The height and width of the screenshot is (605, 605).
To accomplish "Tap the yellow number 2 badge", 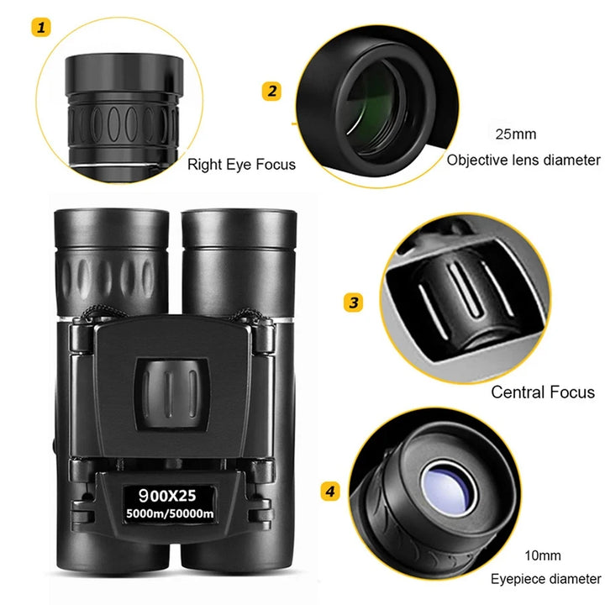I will pos(271,91).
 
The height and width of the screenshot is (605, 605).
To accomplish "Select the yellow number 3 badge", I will pos(355,302).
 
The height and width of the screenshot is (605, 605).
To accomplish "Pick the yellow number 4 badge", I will pos(331,490).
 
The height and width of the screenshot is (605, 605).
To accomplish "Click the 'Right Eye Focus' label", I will pos(241,165).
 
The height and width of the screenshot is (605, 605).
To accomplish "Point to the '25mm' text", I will pos(515,134).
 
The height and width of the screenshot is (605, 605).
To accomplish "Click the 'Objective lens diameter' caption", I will pos(523,160).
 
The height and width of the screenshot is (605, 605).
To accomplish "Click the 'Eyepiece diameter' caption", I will pos(546,580).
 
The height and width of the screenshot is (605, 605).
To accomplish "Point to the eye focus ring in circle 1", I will pos(123,126).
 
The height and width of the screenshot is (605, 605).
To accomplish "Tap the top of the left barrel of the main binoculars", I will pos(111,227).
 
